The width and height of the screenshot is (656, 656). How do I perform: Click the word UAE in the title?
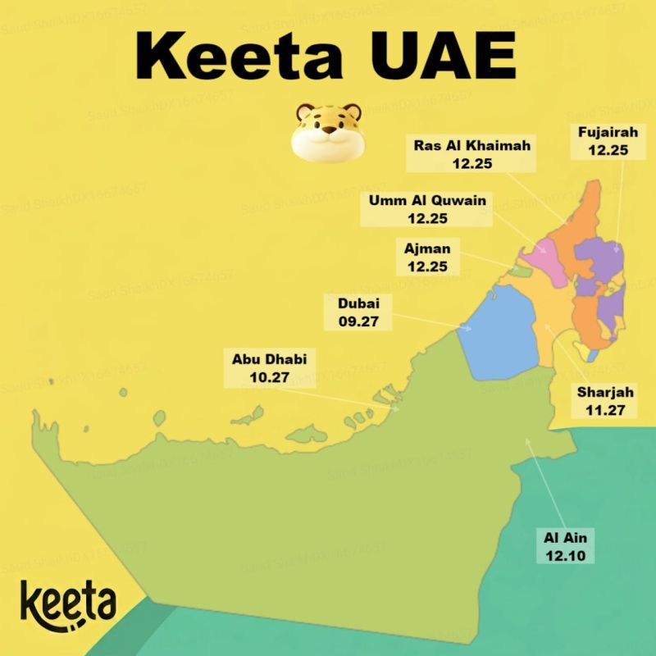pyautogui.click(x=439, y=57)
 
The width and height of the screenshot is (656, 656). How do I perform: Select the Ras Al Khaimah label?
pyautogui.click(x=473, y=147)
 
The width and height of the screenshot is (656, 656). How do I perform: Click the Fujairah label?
pyautogui.click(x=608, y=132)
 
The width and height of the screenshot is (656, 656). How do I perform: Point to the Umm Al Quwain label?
pyautogui.click(x=427, y=201)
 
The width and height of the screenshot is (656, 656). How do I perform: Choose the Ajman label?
pyautogui.click(x=427, y=248)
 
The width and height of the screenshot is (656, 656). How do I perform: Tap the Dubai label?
pyautogui.click(x=358, y=303)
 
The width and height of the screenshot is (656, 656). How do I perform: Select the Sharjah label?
pyautogui.click(x=606, y=393)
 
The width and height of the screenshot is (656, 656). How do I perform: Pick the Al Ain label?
pyautogui.click(x=567, y=539)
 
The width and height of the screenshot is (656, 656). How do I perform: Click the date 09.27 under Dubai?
pyautogui.click(x=358, y=321)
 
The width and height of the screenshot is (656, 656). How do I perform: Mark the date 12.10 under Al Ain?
pyautogui.click(x=567, y=556)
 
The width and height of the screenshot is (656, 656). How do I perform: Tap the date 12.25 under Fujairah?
pyautogui.click(x=608, y=150)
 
